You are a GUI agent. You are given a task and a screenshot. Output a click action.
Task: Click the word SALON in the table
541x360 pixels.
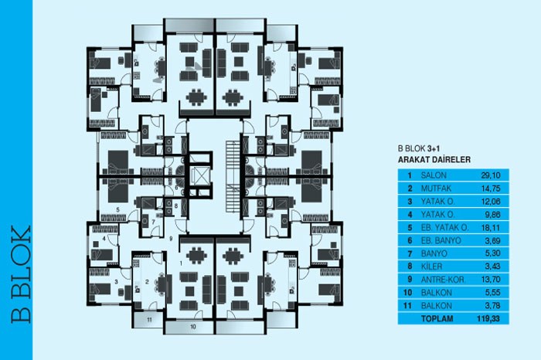(x=433, y=176)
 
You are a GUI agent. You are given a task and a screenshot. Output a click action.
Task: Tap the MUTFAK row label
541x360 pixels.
(x=434, y=188)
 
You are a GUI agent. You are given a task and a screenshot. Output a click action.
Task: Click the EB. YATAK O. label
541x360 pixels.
(x=445, y=229)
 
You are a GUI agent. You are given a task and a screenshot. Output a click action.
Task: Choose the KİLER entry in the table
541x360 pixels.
(x=430, y=266)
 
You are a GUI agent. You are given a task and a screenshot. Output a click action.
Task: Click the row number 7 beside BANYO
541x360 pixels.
(x=408, y=253)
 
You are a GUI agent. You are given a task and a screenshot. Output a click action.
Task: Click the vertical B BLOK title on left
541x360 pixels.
(x=17, y=273)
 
